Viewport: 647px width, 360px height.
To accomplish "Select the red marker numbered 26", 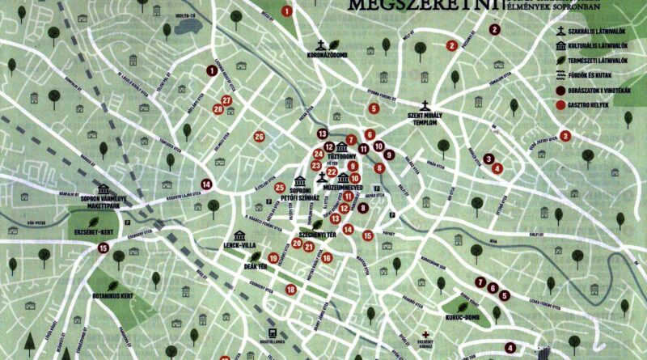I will click(260, 137).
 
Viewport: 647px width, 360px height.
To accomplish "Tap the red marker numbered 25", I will click(280, 188).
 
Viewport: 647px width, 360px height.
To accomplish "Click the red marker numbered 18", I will click(290, 290).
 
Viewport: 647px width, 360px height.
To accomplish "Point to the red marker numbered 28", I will click(218, 109).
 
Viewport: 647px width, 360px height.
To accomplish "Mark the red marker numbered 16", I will click(327, 258).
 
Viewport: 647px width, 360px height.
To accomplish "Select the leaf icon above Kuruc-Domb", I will click(462, 305).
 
